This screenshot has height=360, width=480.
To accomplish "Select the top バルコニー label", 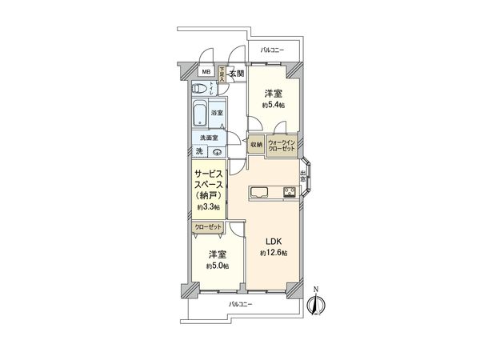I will pos(273,50).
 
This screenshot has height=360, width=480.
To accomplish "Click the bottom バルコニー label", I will pos(240,305).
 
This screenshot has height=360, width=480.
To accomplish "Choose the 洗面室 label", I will pos(209,138).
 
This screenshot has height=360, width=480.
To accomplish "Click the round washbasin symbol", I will pos(218,151).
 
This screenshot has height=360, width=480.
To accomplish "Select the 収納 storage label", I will pos(256,145).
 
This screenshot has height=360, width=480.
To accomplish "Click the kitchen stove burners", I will pos(290,191).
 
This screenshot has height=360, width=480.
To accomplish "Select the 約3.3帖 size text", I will pos(209,208).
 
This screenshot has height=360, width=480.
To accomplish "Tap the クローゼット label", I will pos(209,227).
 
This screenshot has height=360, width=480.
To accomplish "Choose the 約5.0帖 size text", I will pos(217,266).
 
